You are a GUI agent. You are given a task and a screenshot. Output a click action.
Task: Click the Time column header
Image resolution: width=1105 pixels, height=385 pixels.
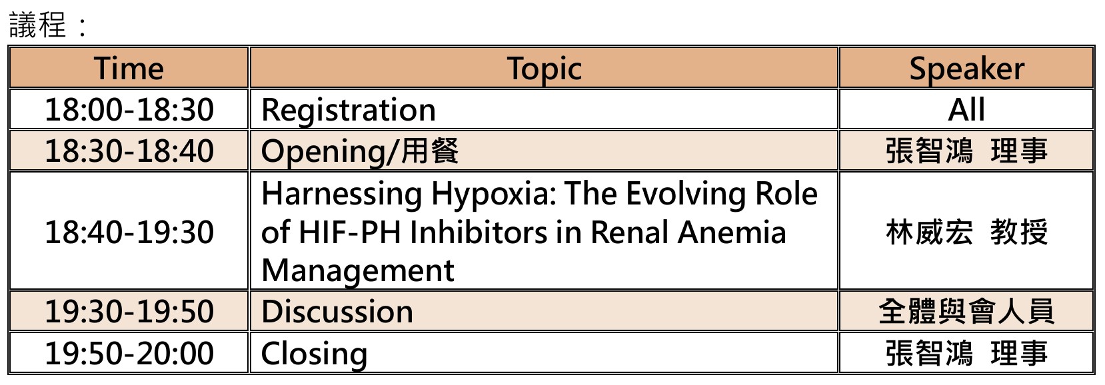[x=129, y=68]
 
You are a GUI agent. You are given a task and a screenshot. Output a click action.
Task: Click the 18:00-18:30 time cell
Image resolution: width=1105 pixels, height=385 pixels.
[x=129, y=109]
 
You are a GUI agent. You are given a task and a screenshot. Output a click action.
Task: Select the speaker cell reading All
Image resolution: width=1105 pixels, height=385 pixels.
[x=966, y=109]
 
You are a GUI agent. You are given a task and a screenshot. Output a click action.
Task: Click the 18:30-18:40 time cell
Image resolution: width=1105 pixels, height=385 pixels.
[x=129, y=151]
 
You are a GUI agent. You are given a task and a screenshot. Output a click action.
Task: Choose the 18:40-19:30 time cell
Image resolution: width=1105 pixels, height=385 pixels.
[x=129, y=232]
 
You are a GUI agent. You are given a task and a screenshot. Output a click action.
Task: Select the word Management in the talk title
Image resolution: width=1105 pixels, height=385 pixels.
[x=358, y=270]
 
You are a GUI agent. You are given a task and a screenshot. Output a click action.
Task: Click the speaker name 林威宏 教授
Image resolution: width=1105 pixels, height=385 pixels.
[x=966, y=232]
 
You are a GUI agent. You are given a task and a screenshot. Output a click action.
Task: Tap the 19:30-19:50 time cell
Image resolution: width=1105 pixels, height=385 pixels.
[x=129, y=312]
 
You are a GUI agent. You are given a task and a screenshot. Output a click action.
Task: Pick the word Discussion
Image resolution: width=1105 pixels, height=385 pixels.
[x=337, y=312]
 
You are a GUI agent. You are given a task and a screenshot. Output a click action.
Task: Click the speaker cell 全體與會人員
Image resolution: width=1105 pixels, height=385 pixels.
[x=966, y=312]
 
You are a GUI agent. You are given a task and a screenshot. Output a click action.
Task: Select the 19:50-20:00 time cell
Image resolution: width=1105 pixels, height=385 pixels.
[x=129, y=354]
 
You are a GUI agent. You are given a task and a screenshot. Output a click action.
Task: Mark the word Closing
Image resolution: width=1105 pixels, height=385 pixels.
[x=314, y=354]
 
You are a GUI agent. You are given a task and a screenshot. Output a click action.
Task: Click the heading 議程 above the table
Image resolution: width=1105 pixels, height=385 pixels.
[x=37, y=25]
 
